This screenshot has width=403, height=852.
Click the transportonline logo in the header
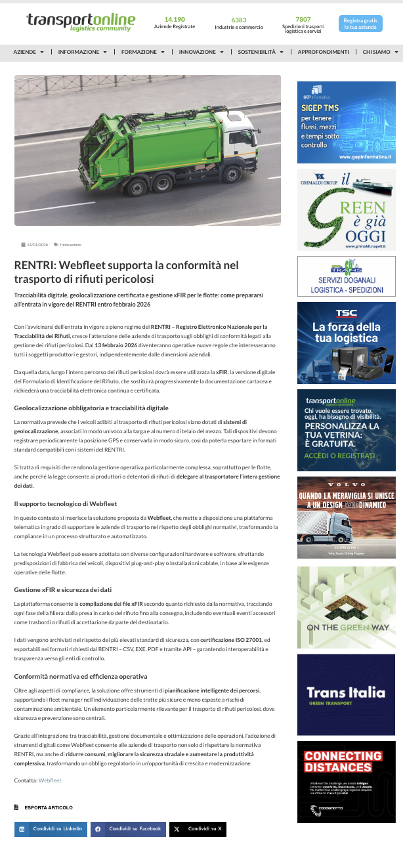click(x=81, y=22)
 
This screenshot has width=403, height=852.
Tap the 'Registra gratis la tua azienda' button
click(x=360, y=24)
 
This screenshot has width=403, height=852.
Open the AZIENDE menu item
click(x=28, y=52)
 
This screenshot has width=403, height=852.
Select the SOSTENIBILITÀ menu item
click(x=260, y=52)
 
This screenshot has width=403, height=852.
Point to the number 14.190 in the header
click(x=175, y=20)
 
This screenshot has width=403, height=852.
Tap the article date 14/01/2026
click(x=37, y=245)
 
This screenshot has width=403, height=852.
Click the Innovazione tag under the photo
click(x=70, y=245)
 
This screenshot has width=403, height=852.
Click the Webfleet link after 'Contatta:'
click(x=50, y=780)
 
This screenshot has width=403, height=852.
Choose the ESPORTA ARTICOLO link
click(x=48, y=807)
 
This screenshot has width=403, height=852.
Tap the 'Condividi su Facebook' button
click(x=128, y=829)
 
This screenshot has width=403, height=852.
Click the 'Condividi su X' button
click(x=198, y=829)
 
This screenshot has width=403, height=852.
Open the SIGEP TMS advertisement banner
click(x=346, y=122)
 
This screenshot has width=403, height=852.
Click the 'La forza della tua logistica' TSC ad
click(x=346, y=343)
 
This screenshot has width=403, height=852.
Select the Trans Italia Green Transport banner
click(x=346, y=694)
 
